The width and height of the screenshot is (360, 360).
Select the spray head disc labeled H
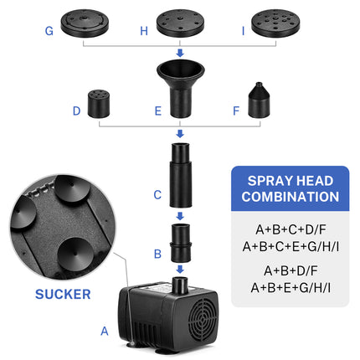[x=181, y=23]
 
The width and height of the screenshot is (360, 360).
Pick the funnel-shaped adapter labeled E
[x=180, y=91]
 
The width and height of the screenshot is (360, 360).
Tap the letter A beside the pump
[x=105, y=331]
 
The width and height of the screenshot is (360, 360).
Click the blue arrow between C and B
[x=180, y=215]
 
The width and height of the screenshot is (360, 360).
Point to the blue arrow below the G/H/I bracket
[x=180, y=53]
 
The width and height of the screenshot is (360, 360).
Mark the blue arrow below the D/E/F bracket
[x=180, y=133]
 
